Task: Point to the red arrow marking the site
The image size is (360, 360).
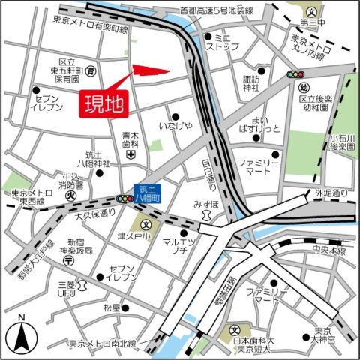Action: tap(151, 72)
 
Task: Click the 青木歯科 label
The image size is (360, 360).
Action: tap(131, 140)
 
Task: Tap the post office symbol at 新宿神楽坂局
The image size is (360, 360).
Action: tap(68, 260)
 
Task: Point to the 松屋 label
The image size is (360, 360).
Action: tap(112, 307)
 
